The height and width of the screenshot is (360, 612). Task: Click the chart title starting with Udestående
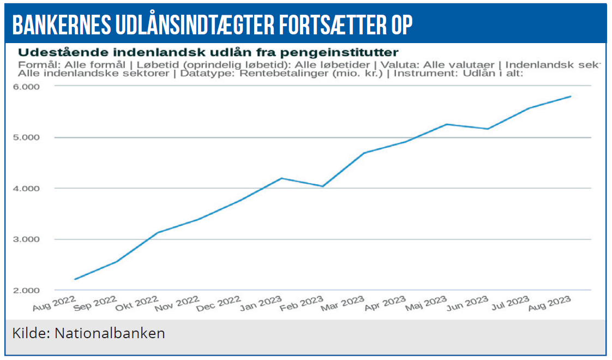click(x=208, y=52)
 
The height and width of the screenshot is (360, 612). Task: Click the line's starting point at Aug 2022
click(x=75, y=279)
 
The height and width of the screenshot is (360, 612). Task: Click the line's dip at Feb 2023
click(x=323, y=187)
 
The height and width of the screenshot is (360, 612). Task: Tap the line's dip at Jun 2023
click(x=488, y=129)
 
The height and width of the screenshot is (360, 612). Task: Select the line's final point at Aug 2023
click(x=571, y=97)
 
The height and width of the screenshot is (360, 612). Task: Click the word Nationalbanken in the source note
click(x=110, y=333)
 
